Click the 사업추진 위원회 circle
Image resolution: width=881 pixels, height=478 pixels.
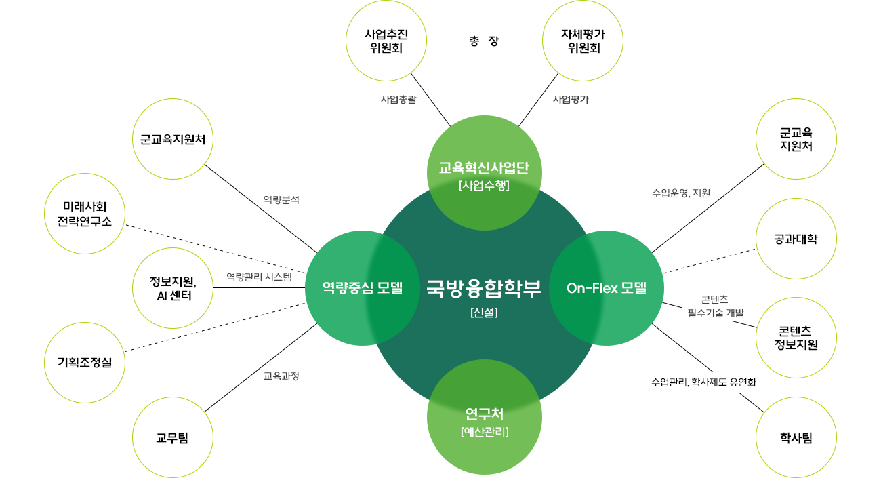click(x=386, y=41)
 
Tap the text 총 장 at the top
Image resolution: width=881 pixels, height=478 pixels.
click(x=484, y=41)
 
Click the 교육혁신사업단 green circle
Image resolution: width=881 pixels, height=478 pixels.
click(x=484, y=173)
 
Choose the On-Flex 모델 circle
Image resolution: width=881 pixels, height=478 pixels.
click(x=606, y=288)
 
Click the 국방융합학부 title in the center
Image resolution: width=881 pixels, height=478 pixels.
click(x=484, y=289)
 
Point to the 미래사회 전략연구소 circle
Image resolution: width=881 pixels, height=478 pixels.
click(x=85, y=214)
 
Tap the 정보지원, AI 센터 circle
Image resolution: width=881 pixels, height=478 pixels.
click(x=173, y=288)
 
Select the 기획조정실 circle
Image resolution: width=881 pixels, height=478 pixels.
click(x=85, y=362)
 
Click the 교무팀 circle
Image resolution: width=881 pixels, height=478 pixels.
click(x=173, y=437)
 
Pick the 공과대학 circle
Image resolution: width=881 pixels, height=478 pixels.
click(x=796, y=239)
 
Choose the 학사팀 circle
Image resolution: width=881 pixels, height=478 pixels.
click(x=796, y=437)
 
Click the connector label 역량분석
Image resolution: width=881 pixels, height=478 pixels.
click(x=281, y=200)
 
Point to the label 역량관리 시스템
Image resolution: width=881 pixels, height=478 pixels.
click(x=259, y=277)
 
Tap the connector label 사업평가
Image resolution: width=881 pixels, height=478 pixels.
click(x=571, y=99)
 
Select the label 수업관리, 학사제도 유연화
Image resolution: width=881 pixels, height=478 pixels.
click(x=703, y=382)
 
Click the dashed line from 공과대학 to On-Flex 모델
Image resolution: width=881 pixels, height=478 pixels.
click(x=709, y=261)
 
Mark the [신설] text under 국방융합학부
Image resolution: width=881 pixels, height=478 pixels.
click(x=484, y=314)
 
